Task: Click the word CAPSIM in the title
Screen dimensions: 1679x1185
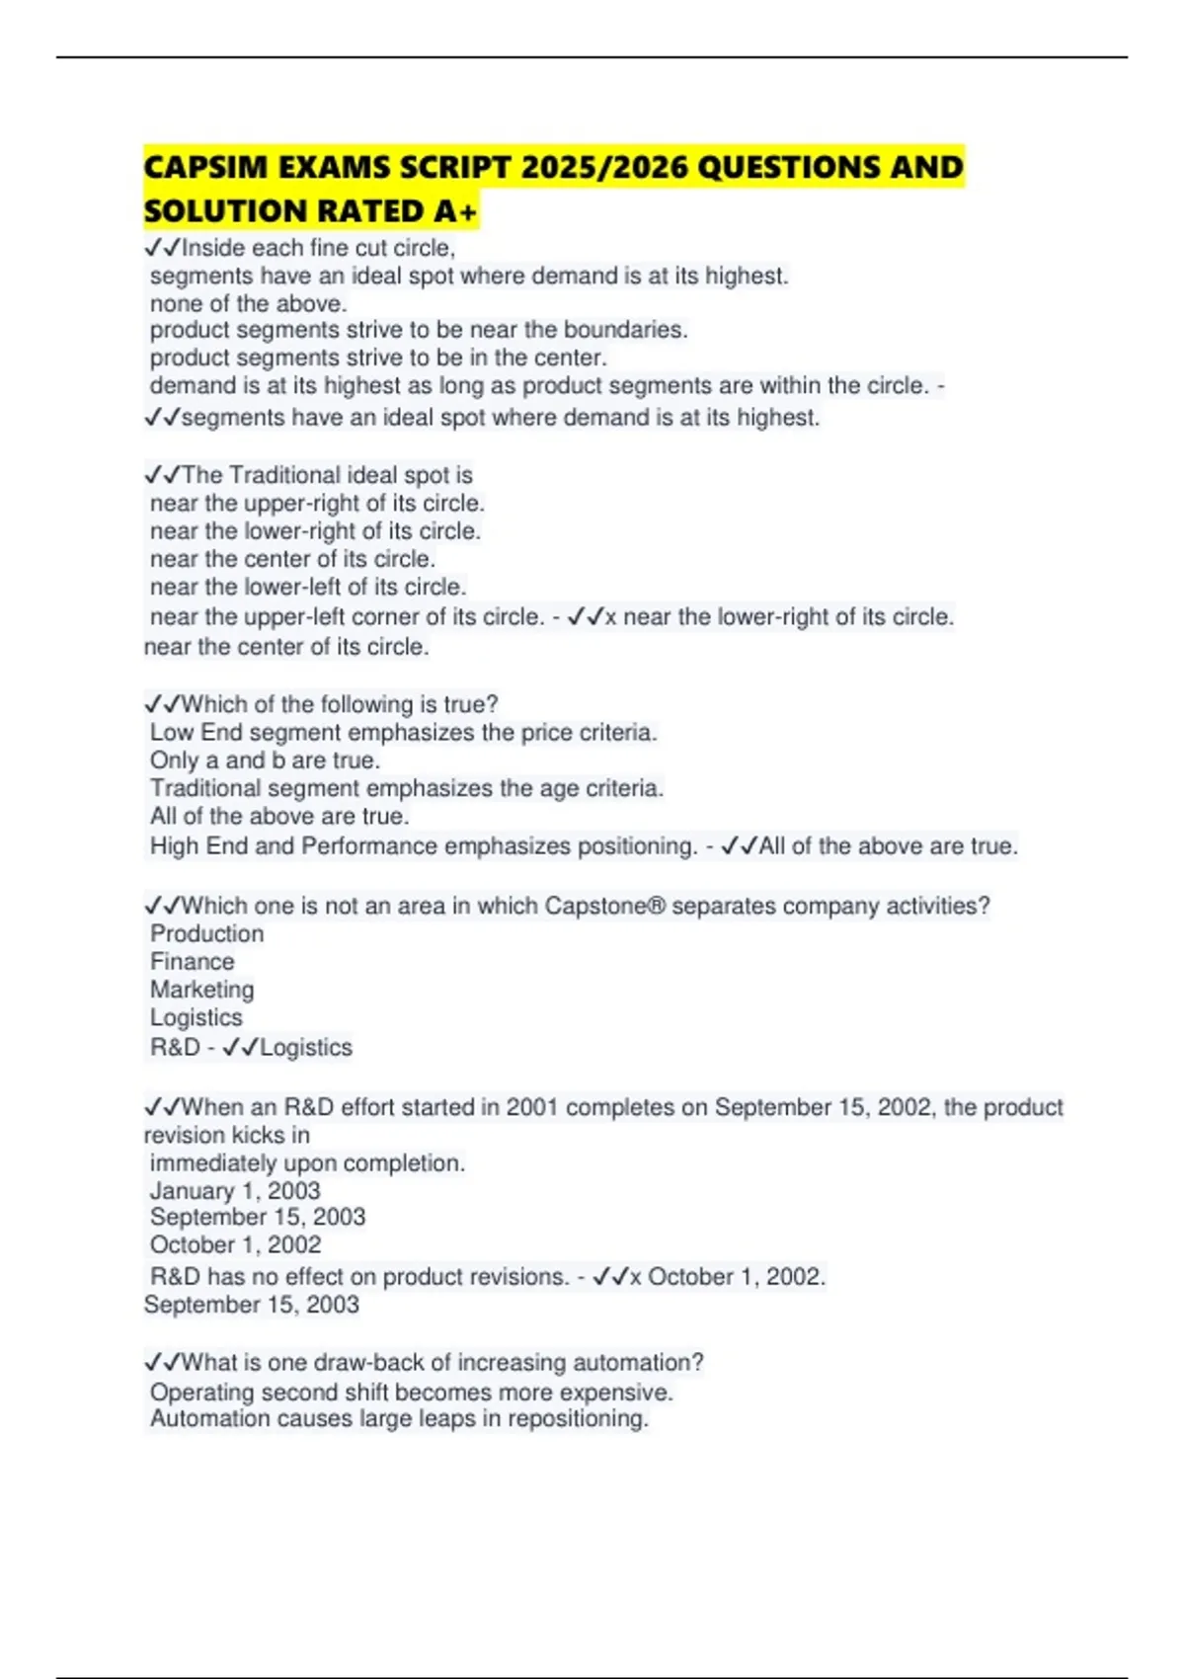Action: click(207, 167)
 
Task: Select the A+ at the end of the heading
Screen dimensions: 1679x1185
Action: click(455, 211)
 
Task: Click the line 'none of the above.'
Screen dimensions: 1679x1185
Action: click(248, 303)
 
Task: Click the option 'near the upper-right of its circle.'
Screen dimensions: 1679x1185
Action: click(317, 503)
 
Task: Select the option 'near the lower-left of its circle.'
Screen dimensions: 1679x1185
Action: click(308, 587)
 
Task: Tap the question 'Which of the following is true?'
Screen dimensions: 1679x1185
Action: click(340, 704)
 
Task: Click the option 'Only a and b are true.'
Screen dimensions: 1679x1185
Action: click(265, 760)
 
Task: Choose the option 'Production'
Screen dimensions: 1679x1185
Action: click(206, 933)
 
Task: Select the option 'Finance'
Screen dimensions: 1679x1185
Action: click(193, 961)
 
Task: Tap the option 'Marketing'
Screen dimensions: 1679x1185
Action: click(201, 990)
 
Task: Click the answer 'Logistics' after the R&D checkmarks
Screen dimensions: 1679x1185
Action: click(306, 1047)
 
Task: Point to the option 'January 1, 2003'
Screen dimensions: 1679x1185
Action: click(235, 1191)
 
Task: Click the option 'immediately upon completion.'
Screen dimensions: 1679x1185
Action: click(307, 1163)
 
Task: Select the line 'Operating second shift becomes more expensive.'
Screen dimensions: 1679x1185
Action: click(411, 1393)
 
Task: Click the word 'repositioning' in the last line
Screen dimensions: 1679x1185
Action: click(578, 1419)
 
